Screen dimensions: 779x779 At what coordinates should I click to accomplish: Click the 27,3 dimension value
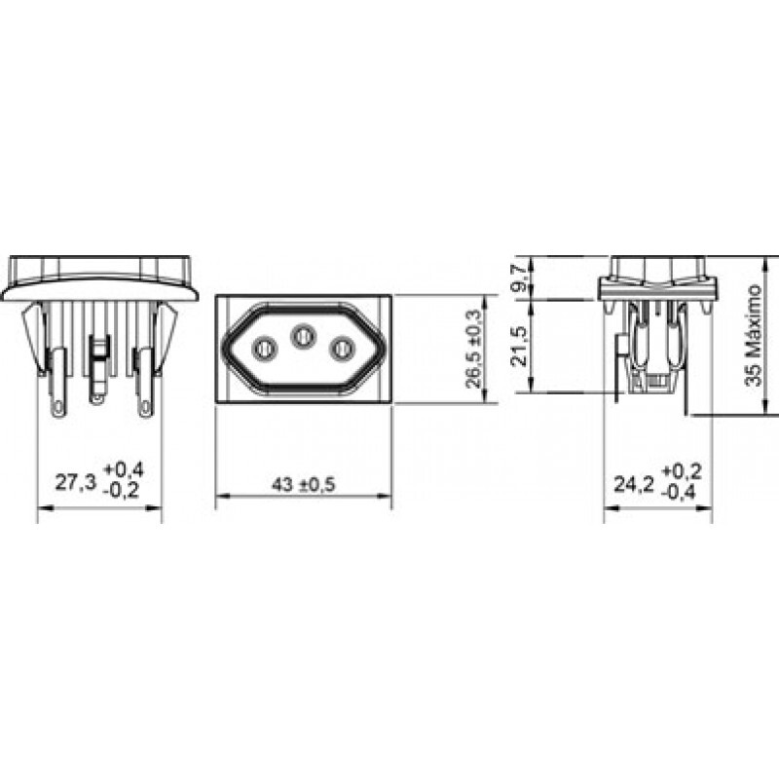click(x=75, y=482)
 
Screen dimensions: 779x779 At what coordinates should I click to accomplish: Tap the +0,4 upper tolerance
click(x=124, y=469)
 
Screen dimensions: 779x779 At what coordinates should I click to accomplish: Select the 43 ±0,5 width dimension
click(x=304, y=484)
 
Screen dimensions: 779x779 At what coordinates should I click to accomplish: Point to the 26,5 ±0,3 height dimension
click(x=474, y=349)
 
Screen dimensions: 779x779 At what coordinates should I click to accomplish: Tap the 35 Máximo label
click(x=753, y=335)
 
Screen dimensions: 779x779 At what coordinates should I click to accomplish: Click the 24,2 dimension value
click(x=635, y=484)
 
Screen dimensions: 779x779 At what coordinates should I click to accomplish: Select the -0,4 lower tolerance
click(x=680, y=493)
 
